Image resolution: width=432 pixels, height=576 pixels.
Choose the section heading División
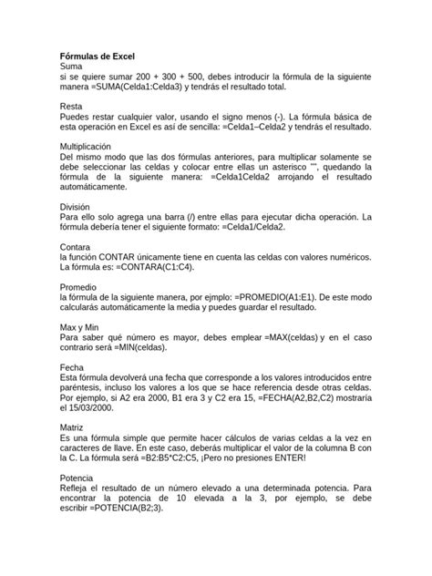pyautogui.click(x=77, y=207)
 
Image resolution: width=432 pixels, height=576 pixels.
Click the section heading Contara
pyautogui.click(x=77, y=246)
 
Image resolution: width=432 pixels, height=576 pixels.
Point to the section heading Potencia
pyautogui.click(x=80, y=477)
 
